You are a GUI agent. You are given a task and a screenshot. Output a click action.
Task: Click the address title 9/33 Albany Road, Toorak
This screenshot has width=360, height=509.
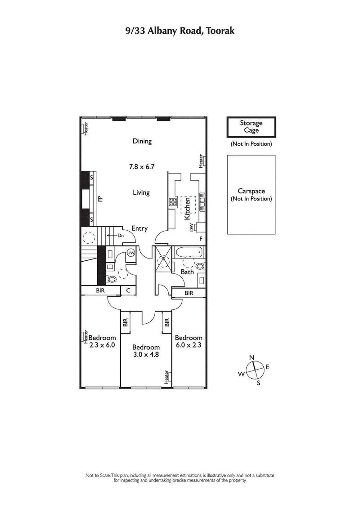[x=180, y=31]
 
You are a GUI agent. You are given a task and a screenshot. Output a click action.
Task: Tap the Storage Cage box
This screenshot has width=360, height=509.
[x=251, y=127]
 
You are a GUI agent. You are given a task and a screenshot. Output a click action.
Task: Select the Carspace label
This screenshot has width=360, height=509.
[x=251, y=191]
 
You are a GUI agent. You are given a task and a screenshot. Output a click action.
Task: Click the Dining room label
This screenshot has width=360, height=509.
[x=142, y=141]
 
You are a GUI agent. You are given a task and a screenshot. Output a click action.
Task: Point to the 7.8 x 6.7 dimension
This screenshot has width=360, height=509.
[x=142, y=166]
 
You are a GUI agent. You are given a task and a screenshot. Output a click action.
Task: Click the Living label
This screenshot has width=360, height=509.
[x=141, y=192]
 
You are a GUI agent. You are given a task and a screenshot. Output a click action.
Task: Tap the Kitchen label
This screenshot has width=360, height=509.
[x=187, y=209]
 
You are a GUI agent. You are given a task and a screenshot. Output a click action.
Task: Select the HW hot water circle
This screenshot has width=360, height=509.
[x=131, y=253]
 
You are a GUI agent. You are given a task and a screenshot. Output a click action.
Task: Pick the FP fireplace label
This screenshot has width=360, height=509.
[x=100, y=198]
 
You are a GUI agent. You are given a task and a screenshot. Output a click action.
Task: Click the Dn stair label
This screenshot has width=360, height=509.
[x=121, y=235]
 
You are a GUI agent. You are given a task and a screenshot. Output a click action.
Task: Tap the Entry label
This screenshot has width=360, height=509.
[x=139, y=228]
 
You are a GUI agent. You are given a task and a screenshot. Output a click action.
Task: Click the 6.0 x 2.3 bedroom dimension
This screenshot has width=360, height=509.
[x=189, y=345]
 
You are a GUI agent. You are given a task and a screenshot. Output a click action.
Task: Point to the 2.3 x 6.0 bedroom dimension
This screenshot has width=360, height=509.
[x=102, y=345]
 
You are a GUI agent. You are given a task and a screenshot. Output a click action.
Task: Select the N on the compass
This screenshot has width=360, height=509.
[x=252, y=357]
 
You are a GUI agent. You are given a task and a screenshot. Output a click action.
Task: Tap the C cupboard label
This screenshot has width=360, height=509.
[x=128, y=291]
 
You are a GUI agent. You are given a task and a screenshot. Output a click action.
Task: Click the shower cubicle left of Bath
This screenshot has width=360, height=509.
[x=162, y=259]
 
